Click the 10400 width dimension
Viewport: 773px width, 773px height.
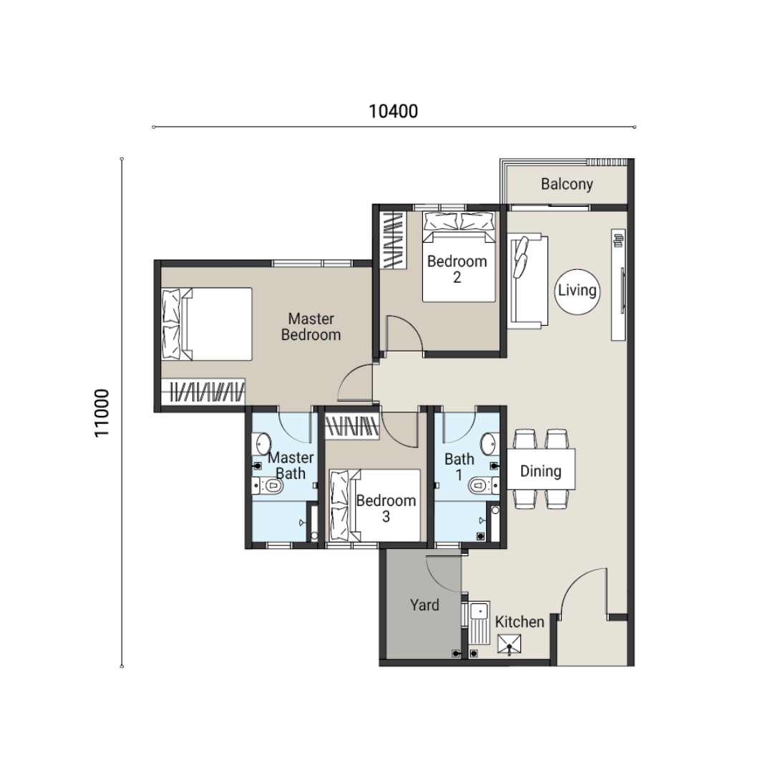pyautogui.click(x=393, y=112)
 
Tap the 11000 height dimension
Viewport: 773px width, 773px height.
pyautogui.click(x=102, y=413)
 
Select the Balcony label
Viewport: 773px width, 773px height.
pyautogui.click(x=567, y=184)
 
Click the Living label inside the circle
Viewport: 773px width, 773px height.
pyautogui.click(x=577, y=291)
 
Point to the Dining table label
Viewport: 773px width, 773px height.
pyautogui.click(x=541, y=471)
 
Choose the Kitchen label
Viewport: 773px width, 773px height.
pyautogui.click(x=520, y=622)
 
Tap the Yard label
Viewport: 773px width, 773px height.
pyautogui.click(x=424, y=605)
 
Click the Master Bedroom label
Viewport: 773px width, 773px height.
pyautogui.click(x=311, y=327)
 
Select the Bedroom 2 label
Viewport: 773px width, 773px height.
pyautogui.click(x=457, y=269)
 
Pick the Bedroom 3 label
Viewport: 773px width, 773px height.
pyautogui.click(x=386, y=509)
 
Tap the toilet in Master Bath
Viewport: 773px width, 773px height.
pyautogui.click(x=267, y=486)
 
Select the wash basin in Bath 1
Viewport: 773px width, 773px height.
pyautogui.click(x=490, y=444)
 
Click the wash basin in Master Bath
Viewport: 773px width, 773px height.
pyautogui.click(x=261, y=444)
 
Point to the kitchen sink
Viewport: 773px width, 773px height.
pyautogui.click(x=479, y=623)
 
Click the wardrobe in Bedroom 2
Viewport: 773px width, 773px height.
pyautogui.click(x=393, y=240)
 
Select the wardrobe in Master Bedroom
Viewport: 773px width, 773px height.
pyautogui.click(x=203, y=392)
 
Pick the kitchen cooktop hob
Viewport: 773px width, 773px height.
pyautogui.click(x=510, y=645)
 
